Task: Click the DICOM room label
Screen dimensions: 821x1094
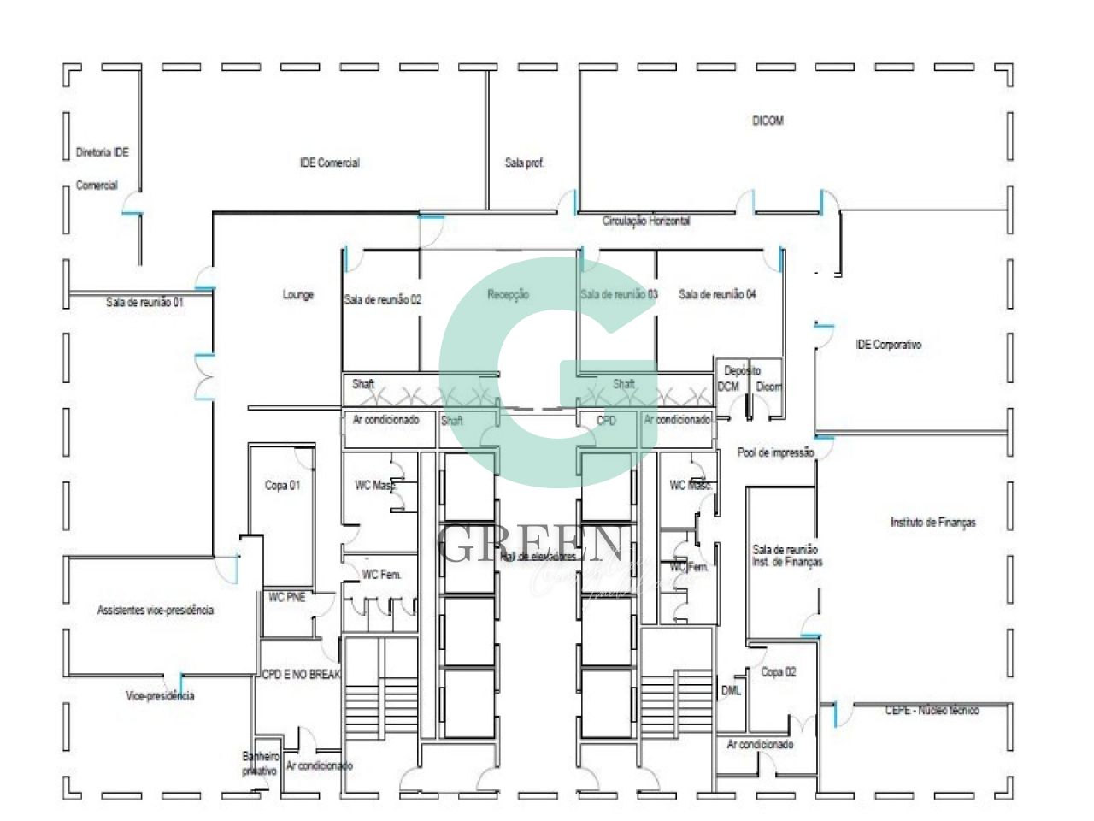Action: [767, 121]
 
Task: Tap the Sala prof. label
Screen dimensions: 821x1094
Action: [524, 162]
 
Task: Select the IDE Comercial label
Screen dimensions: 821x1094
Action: [329, 162]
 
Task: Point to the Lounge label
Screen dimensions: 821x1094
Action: [297, 295]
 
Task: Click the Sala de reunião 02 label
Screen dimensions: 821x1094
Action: [382, 299]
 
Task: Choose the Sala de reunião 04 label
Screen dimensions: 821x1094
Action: [717, 295]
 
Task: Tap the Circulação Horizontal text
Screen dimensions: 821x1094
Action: [645, 221]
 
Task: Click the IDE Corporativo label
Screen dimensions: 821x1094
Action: [888, 346]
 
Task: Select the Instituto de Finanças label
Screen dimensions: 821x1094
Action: [932, 523]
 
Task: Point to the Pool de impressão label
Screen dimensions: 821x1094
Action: [775, 453]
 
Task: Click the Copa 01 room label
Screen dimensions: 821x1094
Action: [282, 486]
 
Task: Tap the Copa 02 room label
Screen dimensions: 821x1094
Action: [778, 672]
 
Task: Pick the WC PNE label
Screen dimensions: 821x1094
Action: [286, 597]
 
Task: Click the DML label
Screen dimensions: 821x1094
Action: [731, 690]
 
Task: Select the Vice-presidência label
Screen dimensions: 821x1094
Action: [159, 696]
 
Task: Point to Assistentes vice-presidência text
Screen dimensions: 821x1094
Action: [155, 611]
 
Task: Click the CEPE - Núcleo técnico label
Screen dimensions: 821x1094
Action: [932, 711]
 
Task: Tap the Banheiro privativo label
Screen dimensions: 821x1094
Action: [260, 764]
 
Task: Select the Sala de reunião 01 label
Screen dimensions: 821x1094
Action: [144, 302]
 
